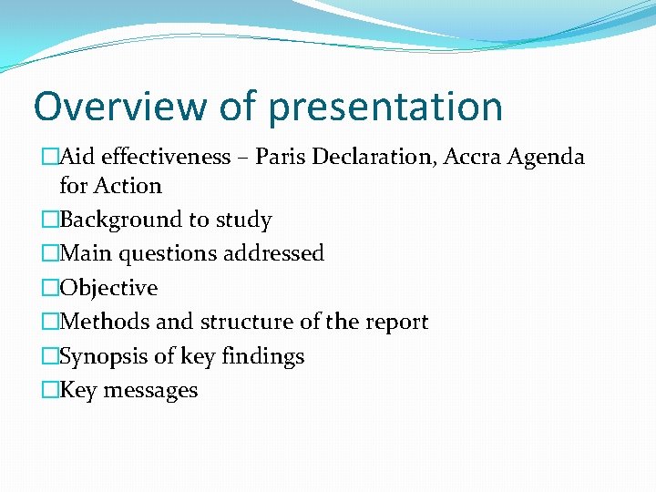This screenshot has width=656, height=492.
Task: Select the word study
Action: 242,220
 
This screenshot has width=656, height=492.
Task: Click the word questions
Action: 167,254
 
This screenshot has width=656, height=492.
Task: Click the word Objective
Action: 108,288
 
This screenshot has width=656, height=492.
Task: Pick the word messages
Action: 150,391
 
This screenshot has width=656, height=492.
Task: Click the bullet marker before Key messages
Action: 49,391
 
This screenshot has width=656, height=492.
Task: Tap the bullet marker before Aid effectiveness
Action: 49,157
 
